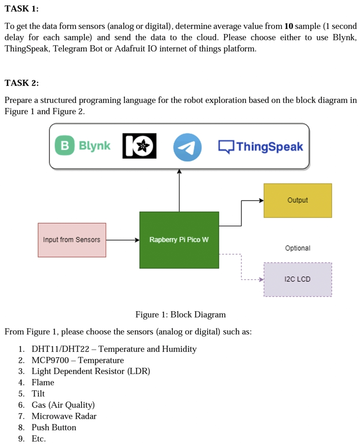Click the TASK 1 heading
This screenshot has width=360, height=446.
pyautogui.click(x=21, y=9)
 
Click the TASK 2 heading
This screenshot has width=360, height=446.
pyautogui.click(x=21, y=83)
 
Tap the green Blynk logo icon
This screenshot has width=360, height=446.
pyautogui.click(x=64, y=146)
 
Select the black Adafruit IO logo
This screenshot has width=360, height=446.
pyautogui.click(x=139, y=146)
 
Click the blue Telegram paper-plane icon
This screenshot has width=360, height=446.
pyautogui.click(x=187, y=147)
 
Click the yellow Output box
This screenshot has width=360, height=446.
pyautogui.click(x=297, y=200)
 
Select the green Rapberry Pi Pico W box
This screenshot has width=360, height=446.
pyautogui.click(x=179, y=240)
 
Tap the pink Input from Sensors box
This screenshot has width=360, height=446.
pyautogui.click(x=72, y=240)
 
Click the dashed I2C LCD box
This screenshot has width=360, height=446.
pyautogui.click(x=297, y=279)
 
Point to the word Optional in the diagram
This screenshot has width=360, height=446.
pyautogui.click(x=298, y=248)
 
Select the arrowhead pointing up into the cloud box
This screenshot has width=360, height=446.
pyautogui.click(x=179, y=172)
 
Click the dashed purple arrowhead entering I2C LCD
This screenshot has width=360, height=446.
pyautogui.click(x=261, y=280)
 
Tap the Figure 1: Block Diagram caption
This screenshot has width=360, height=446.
pyautogui.click(x=180, y=314)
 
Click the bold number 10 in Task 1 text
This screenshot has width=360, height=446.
pyautogui.click(x=288, y=26)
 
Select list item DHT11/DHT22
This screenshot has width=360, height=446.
pyautogui.click(x=60, y=349)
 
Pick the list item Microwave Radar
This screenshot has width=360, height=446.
pyautogui.click(x=64, y=416)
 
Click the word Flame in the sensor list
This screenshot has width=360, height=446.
pyautogui.click(x=43, y=383)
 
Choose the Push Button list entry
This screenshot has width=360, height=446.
pyautogui.click(x=54, y=428)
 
